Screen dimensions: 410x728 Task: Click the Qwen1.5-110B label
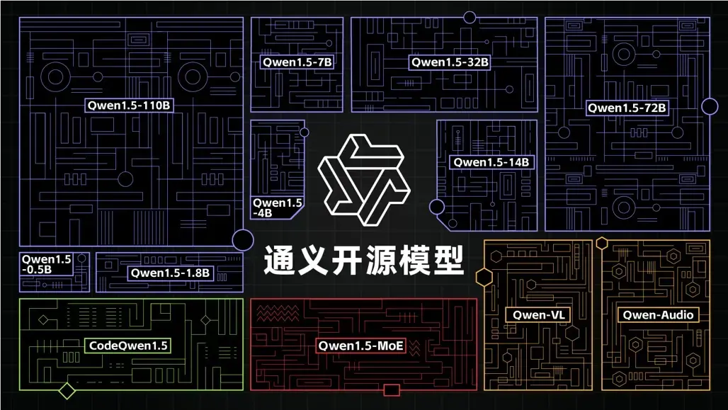[130, 106]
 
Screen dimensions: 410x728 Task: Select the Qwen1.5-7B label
[297, 62]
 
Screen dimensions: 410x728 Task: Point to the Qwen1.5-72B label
[626, 108]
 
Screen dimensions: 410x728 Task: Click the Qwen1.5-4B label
[277, 207]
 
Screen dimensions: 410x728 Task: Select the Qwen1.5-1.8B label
[170, 273]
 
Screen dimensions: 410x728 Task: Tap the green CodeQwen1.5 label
[128, 346]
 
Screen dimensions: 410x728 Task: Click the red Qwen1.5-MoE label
[361, 346]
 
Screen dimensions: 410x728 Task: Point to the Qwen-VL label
[538, 314]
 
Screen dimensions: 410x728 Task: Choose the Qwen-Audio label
[656, 314]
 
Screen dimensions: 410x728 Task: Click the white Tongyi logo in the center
[363, 179]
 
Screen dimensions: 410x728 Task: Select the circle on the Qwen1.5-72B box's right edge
[710, 106]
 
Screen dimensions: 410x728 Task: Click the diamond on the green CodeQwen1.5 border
[67, 390]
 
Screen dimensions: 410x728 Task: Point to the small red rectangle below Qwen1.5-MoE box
[391, 390]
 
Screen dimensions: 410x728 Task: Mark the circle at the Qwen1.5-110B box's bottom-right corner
[243, 240]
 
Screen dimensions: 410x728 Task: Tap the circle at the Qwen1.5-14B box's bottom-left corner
[437, 207]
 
